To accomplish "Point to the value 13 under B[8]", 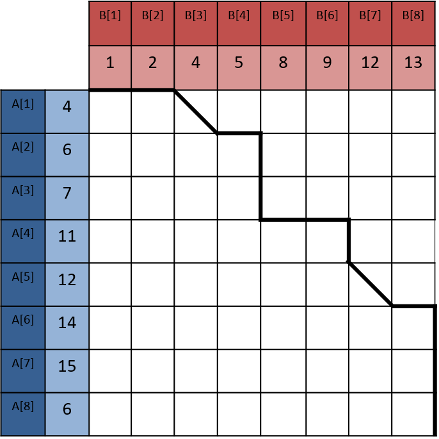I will [413, 63].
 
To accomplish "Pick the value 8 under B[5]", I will [282, 63].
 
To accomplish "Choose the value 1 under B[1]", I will [110, 63].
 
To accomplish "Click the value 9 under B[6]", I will [327, 63].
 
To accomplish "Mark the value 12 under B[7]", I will [370, 63].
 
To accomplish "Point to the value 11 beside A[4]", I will [67, 236].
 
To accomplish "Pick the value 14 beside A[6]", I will [67, 323].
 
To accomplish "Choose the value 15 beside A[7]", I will [67, 367].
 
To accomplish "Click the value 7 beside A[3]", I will [67, 193].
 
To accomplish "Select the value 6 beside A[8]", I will [67, 410].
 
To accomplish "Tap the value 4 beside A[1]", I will [67, 106].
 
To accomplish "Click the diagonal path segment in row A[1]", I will [196, 112].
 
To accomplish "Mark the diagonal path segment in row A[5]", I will [370, 284].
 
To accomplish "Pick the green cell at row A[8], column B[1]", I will [110, 415].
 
